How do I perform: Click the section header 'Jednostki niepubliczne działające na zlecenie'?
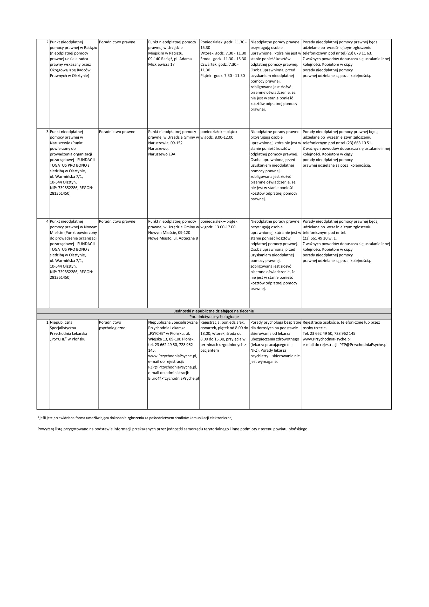214,311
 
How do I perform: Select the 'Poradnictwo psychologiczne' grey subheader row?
214,316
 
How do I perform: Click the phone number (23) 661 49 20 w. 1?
319,238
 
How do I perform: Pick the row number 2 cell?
47,42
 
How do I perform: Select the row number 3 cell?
47,132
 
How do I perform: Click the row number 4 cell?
47,221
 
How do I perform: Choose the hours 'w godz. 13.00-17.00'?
218,227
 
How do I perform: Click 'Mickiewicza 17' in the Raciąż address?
161,65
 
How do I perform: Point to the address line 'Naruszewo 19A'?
161,154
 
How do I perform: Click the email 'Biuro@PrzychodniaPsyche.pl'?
173,378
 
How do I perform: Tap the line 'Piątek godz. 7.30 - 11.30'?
223,76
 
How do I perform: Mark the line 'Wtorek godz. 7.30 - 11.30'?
223,53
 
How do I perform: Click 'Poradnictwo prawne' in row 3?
117,132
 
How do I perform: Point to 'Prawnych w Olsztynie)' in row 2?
69,76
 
